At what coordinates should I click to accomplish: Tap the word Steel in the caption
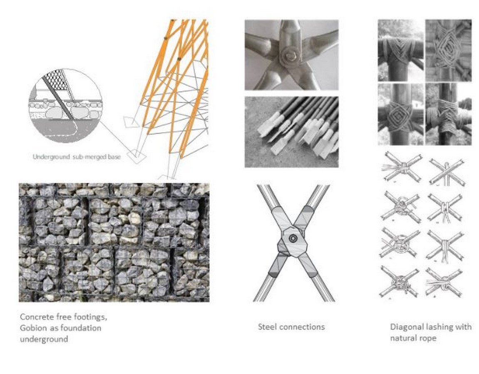coord(268,327)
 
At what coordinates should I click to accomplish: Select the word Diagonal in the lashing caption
coord(408,327)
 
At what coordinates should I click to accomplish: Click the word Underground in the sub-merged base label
coord(51,157)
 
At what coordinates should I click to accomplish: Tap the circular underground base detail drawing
coord(65,106)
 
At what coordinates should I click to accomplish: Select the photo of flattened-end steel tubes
coord(291,132)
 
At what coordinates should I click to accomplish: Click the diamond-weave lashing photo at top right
coord(449,51)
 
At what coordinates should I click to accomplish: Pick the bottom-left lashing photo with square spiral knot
coord(400,115)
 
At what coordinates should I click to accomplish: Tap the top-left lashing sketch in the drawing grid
coord(402,168)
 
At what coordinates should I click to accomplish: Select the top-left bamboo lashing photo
coord(400,51)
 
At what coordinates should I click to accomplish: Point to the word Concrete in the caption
coord(37,317)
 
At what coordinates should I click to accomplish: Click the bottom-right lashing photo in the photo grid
coord(449,115)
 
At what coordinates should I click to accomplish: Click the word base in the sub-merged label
coord(114,157)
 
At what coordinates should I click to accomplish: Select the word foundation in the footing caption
coord(81,328)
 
